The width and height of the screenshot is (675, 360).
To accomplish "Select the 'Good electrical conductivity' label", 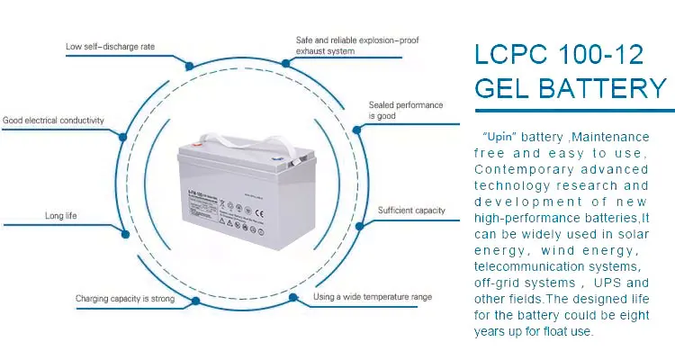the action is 53,120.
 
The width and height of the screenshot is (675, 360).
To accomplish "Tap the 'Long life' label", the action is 60,216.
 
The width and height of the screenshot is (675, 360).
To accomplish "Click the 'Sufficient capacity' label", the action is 411,211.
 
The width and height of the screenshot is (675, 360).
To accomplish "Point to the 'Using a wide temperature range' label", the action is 372,296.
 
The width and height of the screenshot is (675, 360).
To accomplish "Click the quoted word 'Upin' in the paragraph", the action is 499,137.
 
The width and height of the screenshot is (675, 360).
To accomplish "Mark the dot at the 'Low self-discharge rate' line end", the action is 188,64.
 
